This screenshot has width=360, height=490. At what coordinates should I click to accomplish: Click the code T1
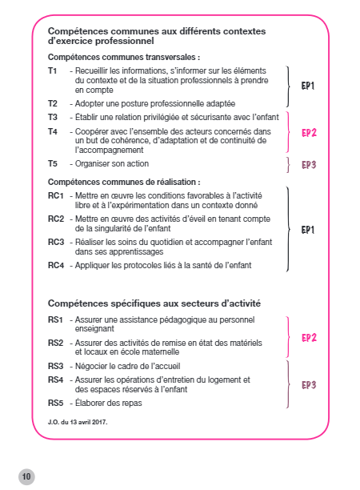pos(53,71)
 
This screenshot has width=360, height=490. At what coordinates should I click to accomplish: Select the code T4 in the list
pos(53,131)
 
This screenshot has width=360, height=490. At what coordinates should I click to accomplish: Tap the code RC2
pos(55,219)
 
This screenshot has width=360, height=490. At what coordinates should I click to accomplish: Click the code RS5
pos(55,403)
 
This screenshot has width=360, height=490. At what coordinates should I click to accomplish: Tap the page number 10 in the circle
pos(26,476)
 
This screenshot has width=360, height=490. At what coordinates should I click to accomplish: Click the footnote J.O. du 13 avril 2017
pos(77,421)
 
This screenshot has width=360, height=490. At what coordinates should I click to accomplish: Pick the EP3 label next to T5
pos(308,165)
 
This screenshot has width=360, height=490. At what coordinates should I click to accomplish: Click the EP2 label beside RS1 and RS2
pos(309,337)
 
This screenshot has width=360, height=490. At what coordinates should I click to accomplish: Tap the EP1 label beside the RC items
pos(308,230)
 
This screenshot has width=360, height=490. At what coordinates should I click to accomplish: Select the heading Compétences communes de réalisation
pos(124,182)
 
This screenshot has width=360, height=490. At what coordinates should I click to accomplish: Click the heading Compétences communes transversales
pos(124,58)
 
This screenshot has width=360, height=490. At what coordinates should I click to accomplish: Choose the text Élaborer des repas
pos(109,403)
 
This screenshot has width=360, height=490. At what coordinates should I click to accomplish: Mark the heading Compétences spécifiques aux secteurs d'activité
pos(154,303)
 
